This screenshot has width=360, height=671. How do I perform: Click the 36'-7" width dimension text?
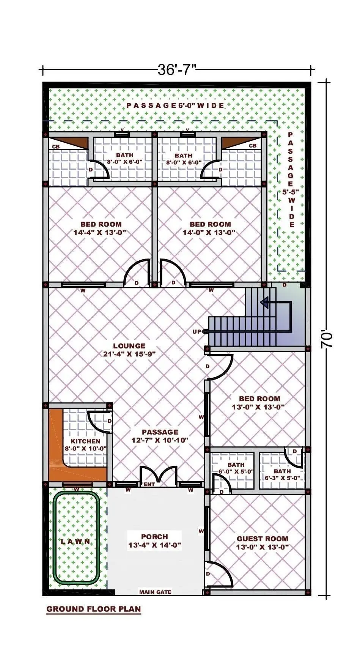click(177, 70)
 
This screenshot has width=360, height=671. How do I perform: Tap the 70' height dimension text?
click(327, 340)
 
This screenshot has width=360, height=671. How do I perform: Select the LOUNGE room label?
click(129, 346)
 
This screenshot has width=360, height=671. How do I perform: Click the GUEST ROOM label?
click(263, 539)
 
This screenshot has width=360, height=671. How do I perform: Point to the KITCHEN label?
click(86, 441)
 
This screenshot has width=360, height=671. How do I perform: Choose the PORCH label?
click(154, 537)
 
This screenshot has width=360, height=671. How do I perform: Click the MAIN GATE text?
click(155, 592)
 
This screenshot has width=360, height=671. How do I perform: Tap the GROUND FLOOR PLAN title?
click(93, 609)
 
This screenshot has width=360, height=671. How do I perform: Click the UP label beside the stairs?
click(197, 332)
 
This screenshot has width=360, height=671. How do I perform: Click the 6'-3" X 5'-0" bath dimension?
click(283, 478)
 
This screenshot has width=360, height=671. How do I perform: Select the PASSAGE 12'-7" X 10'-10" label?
click(160, 436)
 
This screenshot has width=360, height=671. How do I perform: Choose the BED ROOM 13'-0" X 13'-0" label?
click(259, 403)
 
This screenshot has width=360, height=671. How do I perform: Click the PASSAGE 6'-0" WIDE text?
click(175, 105)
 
